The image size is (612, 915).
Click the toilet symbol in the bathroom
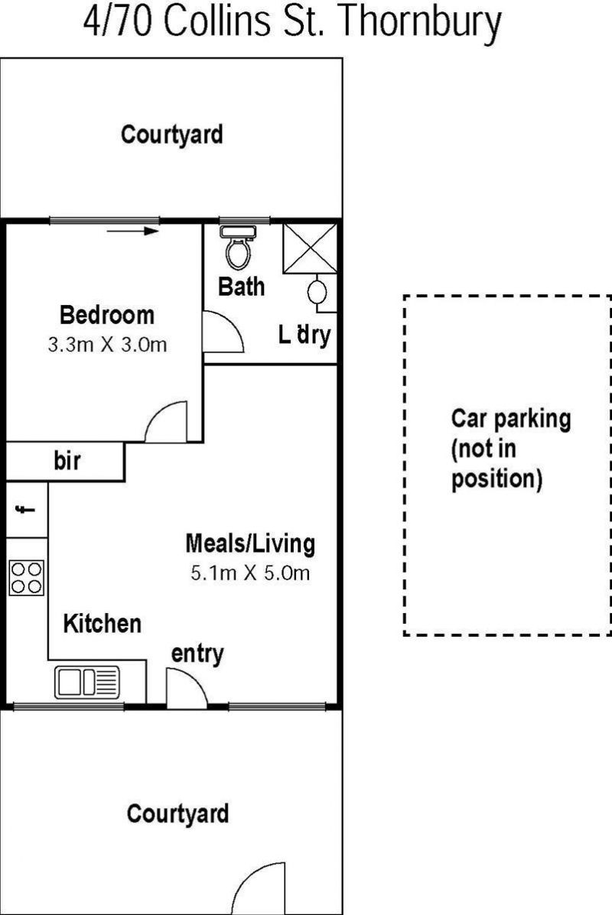click(238, 247)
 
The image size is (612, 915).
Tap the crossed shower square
click(310, 248)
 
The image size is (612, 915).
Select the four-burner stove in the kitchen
click(26, 579)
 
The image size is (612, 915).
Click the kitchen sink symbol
click(87, 682)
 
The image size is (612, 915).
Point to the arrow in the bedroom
click(133, 231)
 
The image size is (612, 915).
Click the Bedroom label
click(107, 315)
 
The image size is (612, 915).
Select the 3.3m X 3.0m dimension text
click(107, 344)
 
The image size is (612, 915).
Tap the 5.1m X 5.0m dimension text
click(250, 573)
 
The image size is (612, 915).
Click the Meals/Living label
click(250, 543)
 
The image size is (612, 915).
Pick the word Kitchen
click(103, 623)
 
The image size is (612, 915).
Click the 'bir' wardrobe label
click(67, 460)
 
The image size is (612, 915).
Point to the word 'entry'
click(197, 655)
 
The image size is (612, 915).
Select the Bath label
click(241, 287)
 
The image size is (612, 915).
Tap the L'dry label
click(304, 335)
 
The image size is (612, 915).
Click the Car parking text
click(511, 419)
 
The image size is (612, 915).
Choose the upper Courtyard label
click(171, 135)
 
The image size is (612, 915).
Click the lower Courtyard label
click(177, 814)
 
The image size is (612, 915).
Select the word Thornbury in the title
click(420, 22)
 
